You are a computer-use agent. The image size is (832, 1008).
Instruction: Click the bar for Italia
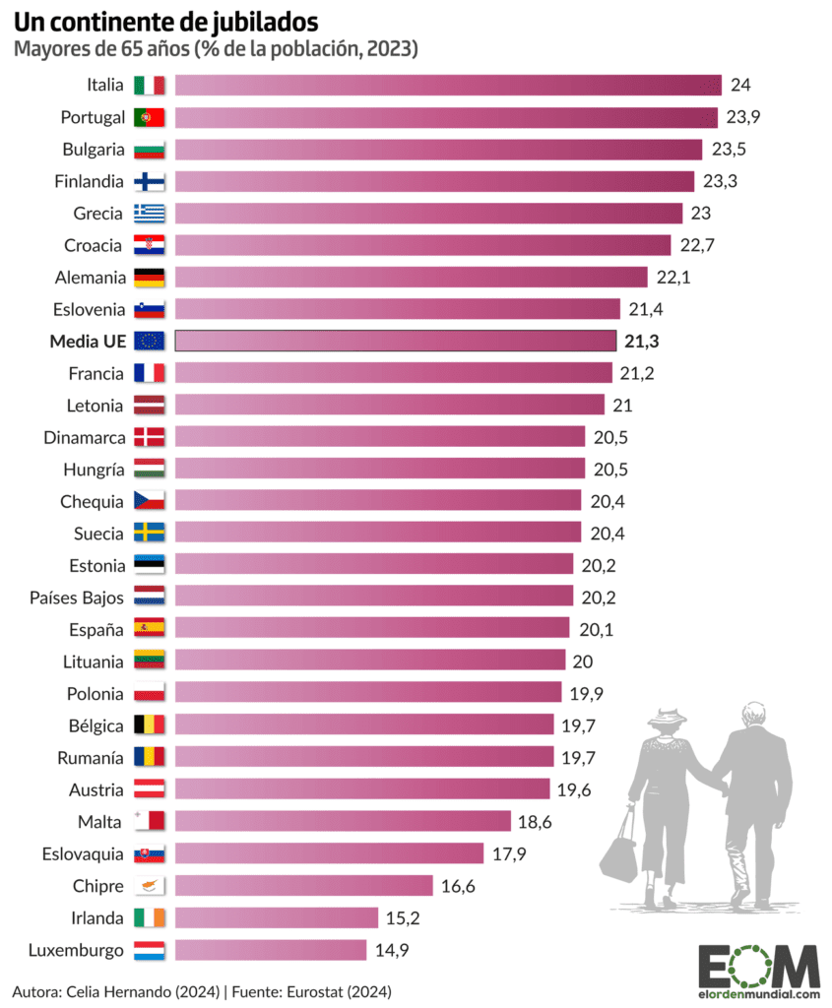448,86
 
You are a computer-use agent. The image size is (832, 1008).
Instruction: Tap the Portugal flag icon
150,117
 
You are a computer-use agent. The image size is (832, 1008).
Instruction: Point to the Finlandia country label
91,181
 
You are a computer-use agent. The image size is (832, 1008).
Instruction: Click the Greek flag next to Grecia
150,214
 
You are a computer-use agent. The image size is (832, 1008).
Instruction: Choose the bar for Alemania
411,277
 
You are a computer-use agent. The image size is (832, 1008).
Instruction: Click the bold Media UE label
88,341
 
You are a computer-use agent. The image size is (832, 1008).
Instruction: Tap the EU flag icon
150,341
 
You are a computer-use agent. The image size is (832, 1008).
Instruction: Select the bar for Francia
393,373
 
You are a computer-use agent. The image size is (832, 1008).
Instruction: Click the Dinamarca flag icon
150,437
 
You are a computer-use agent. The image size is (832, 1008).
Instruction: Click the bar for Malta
343,821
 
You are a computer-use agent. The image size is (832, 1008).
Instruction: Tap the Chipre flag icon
150,886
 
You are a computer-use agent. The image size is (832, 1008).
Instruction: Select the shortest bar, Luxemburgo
271,950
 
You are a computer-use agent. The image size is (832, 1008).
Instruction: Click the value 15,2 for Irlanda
403,917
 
